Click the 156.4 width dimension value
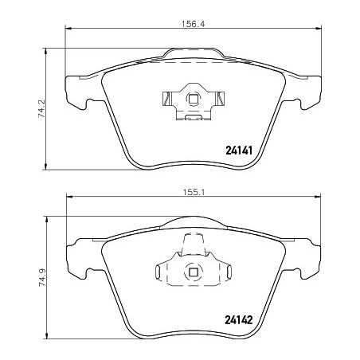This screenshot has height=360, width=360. click(194, 24)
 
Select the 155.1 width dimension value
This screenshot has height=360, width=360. click(194, 193)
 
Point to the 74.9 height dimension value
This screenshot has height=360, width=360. click(42, 277)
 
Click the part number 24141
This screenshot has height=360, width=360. click(239, 151)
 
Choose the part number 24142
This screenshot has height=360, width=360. click(239, 320)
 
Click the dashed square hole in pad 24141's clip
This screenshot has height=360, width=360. click(193, 99)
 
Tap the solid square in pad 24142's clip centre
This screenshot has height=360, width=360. click(193, 272)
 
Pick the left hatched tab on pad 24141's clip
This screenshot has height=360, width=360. click(166, 99)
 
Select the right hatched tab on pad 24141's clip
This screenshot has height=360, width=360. click(221, 99)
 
